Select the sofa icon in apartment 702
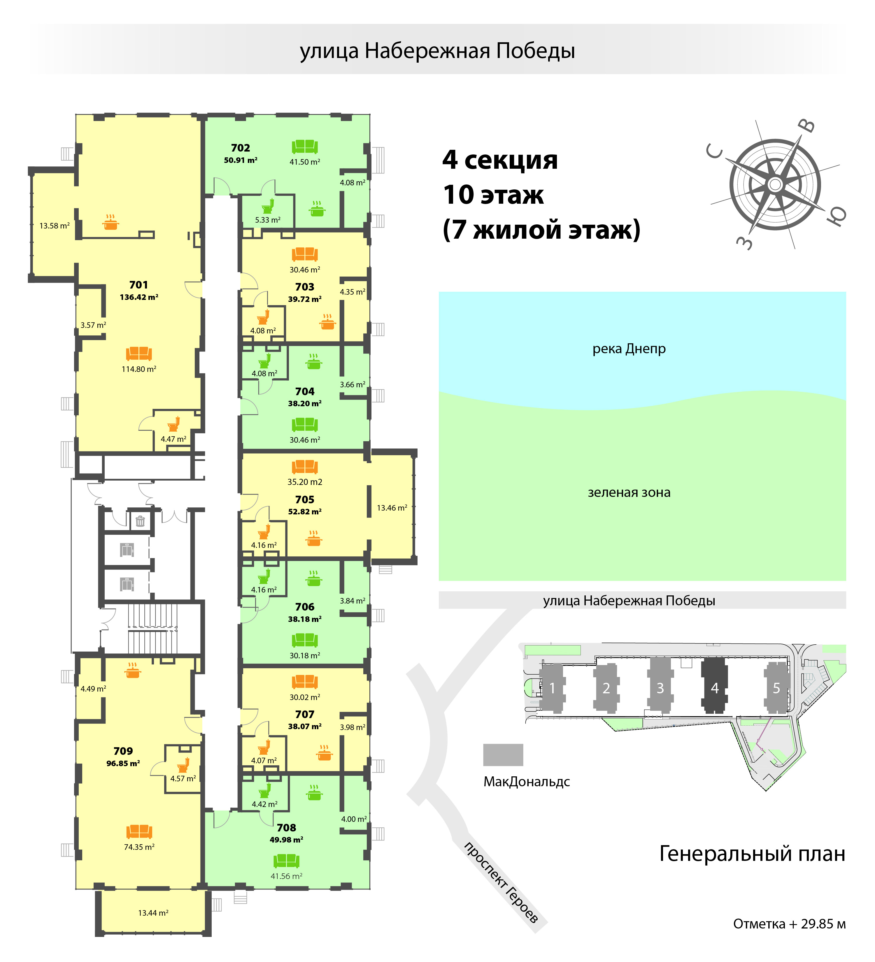[305, 147]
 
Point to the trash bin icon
[140, 521]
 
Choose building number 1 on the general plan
[552, 687]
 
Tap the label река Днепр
[629, 349]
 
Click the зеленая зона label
[629, 493]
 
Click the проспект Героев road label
[501, 882]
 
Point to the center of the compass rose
[775, 184]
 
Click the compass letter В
[807, 125]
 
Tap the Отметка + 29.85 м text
[789, 924]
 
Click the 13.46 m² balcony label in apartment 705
[392, 508]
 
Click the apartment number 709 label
[123, 751]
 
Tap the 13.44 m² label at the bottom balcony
[153, 913]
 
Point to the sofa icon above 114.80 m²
[139, 354]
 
